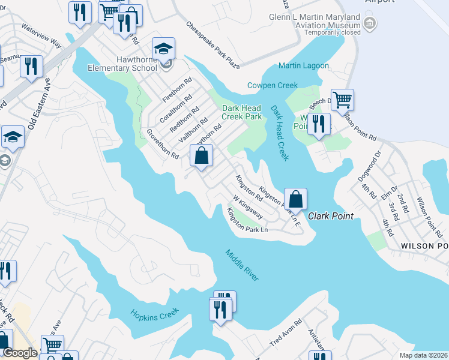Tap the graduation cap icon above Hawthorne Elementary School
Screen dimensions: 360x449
coord(163,49)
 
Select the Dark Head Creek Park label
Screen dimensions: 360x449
coord(242,112)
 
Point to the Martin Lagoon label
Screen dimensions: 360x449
coord(304,65)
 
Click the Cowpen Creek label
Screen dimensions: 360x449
coord(273,85)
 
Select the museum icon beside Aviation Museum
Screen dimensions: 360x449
coord(370,24)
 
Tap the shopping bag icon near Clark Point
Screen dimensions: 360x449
coord(295,199)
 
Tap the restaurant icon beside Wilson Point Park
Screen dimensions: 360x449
coord(319,124)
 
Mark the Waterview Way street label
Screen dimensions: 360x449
coord(41,35)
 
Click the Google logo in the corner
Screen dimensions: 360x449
coord(20,353)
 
